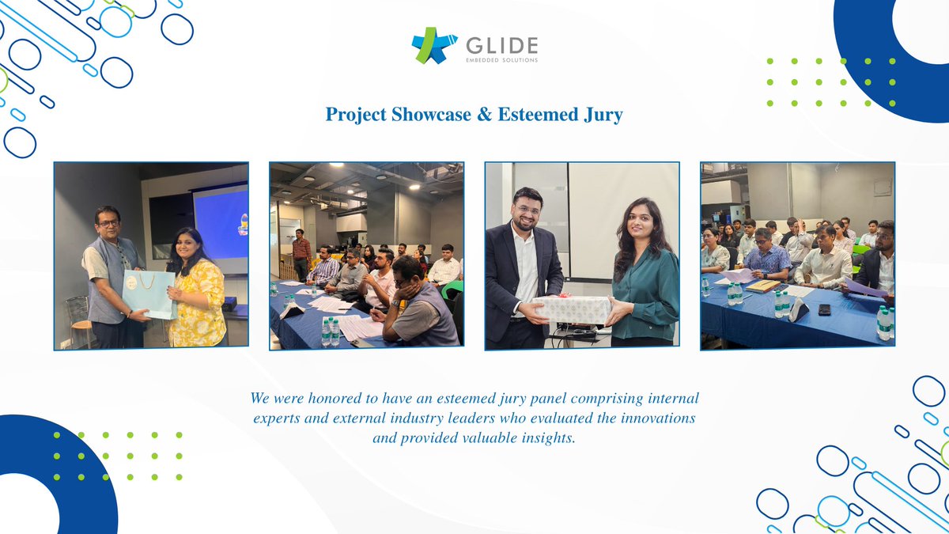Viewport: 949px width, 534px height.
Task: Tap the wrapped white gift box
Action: [x=574, y=309]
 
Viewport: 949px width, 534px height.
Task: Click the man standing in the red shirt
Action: [x=301, y=253]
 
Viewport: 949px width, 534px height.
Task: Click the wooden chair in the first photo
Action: [x=78, y=317]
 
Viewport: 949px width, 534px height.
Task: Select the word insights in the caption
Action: [x=547, y=437]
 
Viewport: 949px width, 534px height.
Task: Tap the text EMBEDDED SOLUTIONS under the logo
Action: [x=503, y=60]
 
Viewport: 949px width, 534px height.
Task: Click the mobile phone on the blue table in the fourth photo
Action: [x=824, y=309]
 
